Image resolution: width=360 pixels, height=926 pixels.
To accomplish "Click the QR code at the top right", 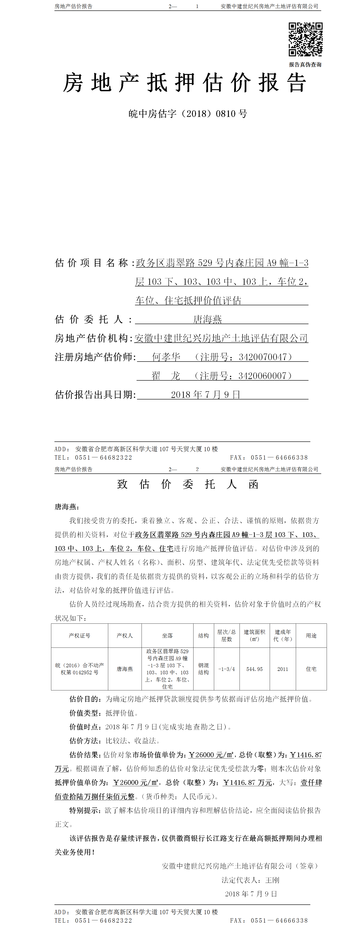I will (x=305, y=39).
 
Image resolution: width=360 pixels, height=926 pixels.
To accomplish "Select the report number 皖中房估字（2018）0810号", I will (x=188, y=114).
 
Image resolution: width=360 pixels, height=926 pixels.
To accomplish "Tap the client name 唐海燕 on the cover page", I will (x=207, y=319).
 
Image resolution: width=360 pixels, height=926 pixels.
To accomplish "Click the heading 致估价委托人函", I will (x=188, y=484).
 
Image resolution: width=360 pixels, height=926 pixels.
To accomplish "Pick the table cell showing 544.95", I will (x=254, y=669).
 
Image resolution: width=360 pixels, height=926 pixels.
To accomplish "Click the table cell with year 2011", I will (x=283, y=669).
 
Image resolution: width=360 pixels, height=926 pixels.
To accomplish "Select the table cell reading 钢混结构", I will (x=203, y=669).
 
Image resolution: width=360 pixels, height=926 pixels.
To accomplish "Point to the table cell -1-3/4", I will (x=226, y=669).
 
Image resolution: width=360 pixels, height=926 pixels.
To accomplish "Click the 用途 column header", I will (x=311, y=635).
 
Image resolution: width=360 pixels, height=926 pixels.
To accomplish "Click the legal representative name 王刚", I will (x=272, y=880).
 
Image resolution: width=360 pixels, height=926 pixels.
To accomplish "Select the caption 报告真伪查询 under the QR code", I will (x=305, y=65).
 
